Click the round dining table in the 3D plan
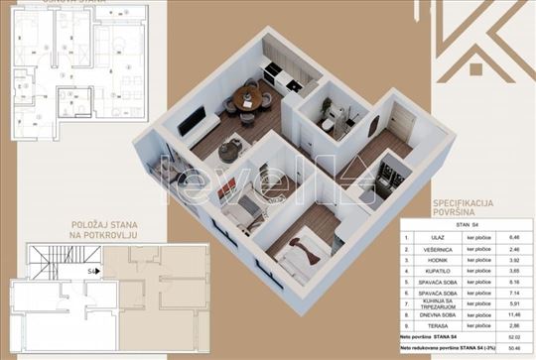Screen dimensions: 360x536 [x=247, y=98]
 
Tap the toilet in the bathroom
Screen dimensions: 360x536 [x=328, y=121]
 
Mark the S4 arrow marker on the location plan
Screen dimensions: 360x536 [x=92, y=268]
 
